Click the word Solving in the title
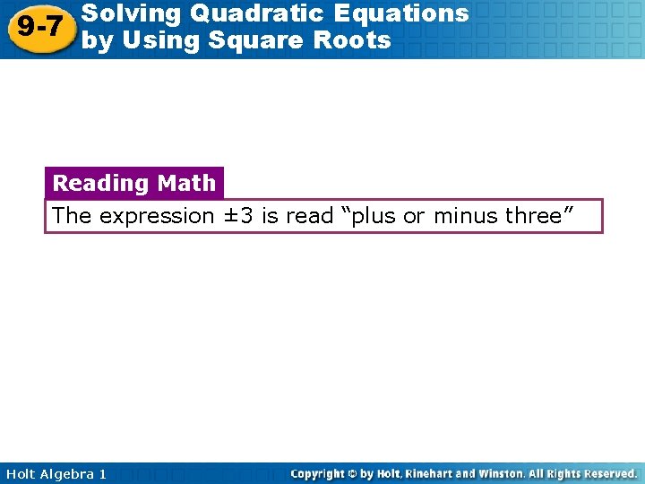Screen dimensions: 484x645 click(126, 13)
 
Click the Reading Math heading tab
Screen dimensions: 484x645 click(134, 183)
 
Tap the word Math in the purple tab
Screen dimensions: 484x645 click(186, 183)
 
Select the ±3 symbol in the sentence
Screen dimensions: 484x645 click(237, 216)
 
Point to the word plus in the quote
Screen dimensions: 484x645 click(374, 216)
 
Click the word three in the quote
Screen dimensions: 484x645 click(537, 216)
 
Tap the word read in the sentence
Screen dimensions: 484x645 click(309, 216)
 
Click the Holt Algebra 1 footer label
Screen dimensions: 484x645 click(54, 473)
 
